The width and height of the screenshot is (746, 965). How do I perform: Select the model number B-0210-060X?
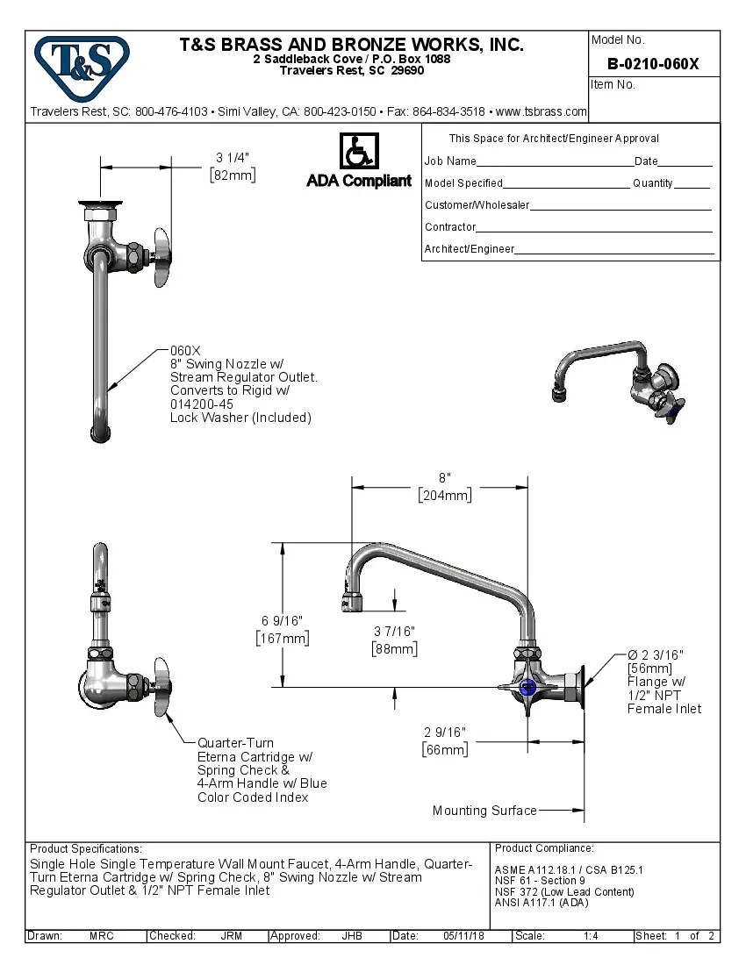(x=653, y=63)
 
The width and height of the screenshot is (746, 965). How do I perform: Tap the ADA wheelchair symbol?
(x=358, y=152)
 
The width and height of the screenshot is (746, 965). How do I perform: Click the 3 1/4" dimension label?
(x=233, y=158)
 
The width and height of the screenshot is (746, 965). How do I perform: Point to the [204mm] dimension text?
(x=444, y=495)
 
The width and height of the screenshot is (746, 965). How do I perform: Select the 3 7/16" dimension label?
(x=394, y=632)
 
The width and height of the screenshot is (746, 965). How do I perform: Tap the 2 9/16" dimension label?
(x=444, y=733)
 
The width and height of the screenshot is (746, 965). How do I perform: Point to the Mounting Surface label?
(x=484, y=811)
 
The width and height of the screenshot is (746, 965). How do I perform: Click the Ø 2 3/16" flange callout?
(x=655, y=655)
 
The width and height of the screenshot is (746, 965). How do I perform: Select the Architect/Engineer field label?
(x=470, y=249)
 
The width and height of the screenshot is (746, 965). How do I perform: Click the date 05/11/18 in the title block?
(x=463, y=936)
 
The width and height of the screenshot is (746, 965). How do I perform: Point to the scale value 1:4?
(x=591, y=936)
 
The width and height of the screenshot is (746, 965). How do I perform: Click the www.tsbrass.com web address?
(x=542, y=112)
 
